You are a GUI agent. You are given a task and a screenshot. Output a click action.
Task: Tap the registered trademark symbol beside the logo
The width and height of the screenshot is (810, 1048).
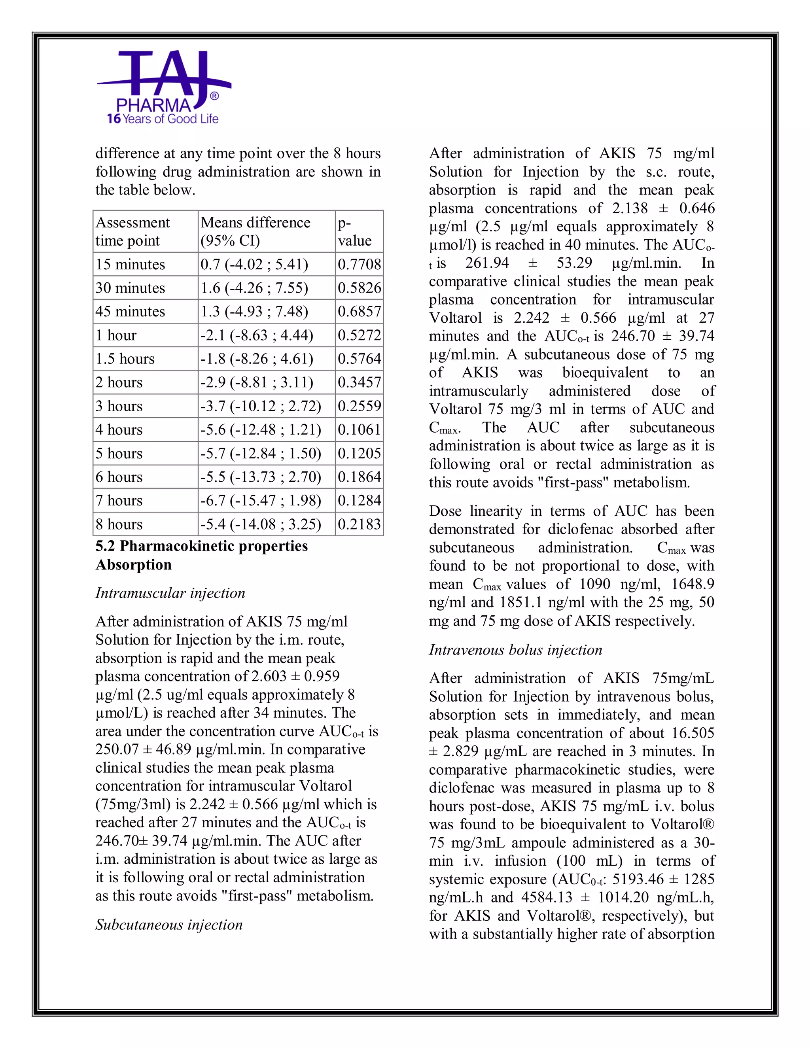[x=214, y=96]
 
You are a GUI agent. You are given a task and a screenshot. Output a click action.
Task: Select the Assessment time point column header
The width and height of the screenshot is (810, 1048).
[x=132, y=231]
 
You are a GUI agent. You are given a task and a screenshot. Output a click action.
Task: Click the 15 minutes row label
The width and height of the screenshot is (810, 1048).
[x=130, y=265]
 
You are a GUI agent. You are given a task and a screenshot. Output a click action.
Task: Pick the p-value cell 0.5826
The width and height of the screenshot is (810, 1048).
[x=359, y=288]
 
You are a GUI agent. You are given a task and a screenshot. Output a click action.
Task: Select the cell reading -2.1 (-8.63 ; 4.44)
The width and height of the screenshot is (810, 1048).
[x=257, y=335]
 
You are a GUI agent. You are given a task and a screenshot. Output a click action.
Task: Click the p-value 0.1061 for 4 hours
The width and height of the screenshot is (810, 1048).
[x=359, y=429]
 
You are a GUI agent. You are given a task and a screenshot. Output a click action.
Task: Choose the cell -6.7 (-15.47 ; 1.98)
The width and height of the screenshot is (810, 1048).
[x=261, y=501]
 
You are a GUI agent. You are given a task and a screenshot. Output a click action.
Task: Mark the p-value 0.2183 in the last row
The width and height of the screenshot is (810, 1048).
[x=359, y=524]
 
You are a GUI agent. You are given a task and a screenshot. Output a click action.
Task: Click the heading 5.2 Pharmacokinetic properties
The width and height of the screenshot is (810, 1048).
[x=202, y=546]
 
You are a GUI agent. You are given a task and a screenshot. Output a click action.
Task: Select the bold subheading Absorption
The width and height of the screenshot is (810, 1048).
[x=133, y=565]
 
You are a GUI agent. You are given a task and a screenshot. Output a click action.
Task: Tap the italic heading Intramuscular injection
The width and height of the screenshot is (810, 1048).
[x=170, y=593]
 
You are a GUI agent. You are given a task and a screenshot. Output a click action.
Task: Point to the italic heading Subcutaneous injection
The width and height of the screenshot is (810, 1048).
[x=169, y=925]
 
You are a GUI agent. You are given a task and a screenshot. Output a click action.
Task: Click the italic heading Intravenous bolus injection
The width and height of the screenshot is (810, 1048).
[x=515, y=650]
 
